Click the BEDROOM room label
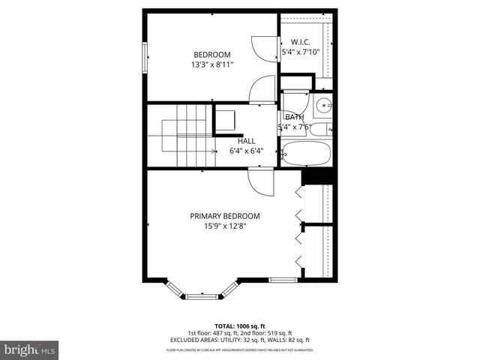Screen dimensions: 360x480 click(x=212, y=54)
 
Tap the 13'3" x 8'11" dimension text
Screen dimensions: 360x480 click(x=212, y=64)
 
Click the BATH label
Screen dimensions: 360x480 click(x=293, y=117)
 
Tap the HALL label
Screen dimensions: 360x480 click(x=246, y=140)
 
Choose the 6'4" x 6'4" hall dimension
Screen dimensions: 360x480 click(x=246, y=151)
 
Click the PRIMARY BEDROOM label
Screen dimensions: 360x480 click(x=224, y=215)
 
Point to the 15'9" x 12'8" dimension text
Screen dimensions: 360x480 click(x=224, y=226)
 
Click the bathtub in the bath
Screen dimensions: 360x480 click(x=307, y=155)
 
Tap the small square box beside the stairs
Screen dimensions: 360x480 click(x=225, y=121)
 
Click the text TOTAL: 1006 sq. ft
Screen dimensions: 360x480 click(x=239, y=326)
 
